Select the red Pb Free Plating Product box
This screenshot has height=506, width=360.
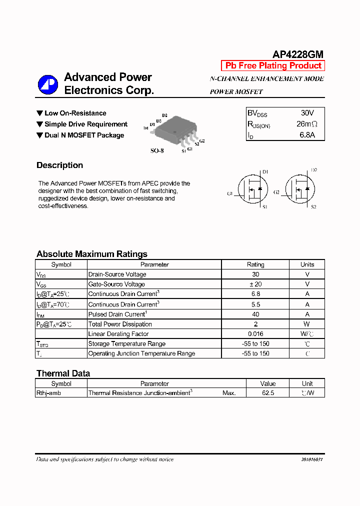[273, 65]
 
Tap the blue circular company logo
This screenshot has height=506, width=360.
[48, 84]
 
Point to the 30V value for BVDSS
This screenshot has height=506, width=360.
[307, 113]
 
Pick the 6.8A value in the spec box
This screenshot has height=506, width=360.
[307, 135]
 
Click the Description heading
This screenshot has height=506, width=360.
[59, 165]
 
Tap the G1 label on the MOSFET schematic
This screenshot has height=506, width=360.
[230, 193]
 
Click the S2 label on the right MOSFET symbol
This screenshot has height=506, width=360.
[313, 206]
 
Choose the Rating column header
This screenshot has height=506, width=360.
[255, 264]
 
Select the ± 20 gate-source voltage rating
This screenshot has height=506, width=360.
[255, 284]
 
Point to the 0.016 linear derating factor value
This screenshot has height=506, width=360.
[255, 334]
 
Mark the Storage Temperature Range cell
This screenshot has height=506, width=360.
[126, 343]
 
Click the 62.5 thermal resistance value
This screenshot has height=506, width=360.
[268, 393]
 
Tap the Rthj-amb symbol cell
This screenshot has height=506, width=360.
[48, 393]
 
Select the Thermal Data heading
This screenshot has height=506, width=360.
[63, 373]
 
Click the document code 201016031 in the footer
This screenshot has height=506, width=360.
[312, 459]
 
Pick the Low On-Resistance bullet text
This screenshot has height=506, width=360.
[75, 113]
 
